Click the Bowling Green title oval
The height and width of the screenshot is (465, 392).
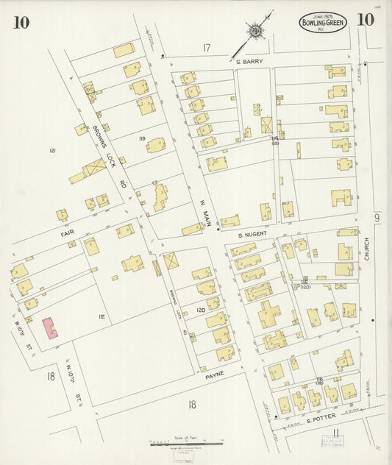(x=323, y=23)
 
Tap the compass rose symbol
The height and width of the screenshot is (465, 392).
(x=256, y=32)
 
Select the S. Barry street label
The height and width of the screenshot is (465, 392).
(x=249, y=62)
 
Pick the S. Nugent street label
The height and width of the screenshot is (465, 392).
(x=251, y=234)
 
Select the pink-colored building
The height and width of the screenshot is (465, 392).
(x=50, y=328)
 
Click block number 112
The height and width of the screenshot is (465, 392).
(x=102, y=317)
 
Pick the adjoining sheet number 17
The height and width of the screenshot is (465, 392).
(x=207, y=49)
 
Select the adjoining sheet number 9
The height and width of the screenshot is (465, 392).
(x=376, y=217)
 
